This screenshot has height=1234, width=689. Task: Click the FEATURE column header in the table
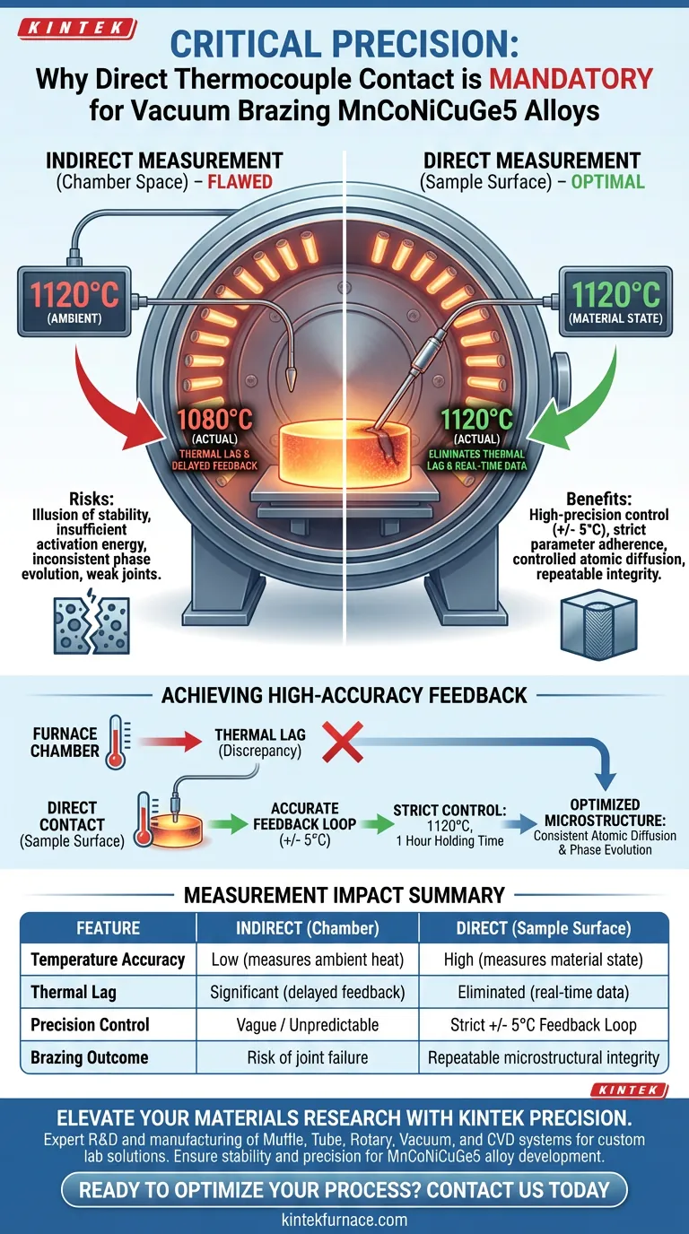108,928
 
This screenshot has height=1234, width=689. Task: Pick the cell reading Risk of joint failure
307,1057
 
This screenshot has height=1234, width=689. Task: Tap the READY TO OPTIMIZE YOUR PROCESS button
344,1190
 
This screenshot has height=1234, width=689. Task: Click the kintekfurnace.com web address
344,1220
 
